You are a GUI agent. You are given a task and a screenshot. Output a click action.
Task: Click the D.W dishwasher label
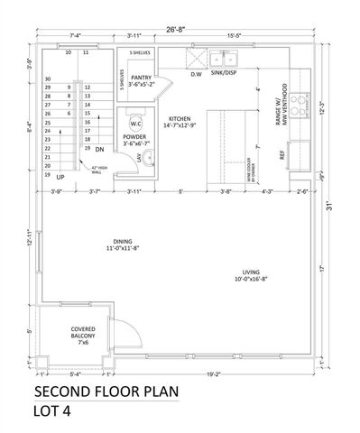(x=196, y=75)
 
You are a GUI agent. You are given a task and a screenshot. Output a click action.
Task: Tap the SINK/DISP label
(x=226, y=75)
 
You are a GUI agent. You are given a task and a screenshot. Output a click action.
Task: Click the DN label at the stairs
(x=100, y=149)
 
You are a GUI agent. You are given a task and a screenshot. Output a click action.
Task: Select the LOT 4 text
(x=54, y=413)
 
